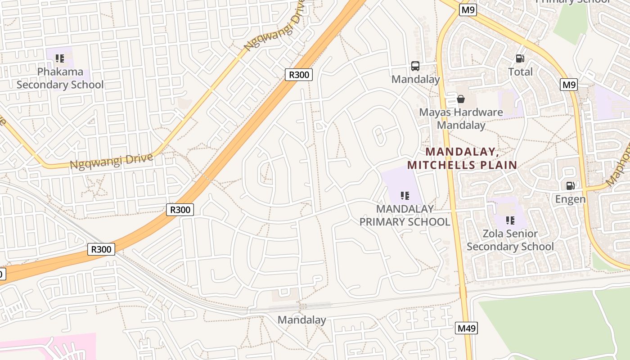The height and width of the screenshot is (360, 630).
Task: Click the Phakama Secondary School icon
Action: [60, 58]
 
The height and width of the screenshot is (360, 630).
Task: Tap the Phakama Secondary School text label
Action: [60, 78]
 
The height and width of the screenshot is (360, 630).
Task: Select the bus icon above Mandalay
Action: [415, 66]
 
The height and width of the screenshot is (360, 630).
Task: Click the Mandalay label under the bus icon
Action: [415, 80]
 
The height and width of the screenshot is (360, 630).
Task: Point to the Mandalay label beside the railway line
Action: [301, 320]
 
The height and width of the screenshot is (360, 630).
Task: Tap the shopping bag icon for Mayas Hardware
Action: [461, 99]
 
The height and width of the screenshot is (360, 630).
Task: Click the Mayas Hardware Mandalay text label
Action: [461, 118]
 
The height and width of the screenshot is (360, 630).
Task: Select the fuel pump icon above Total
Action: [520, 58]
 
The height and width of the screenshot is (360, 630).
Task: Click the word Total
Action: [520, 72]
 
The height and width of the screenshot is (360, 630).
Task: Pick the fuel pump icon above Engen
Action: [570, 186]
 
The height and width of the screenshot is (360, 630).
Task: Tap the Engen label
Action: [570, 199]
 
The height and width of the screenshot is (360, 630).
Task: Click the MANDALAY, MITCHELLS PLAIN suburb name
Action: [462, 158]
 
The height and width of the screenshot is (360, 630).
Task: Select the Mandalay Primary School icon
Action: [405, 196]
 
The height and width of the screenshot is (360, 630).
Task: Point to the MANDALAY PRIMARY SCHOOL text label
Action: [405, 215]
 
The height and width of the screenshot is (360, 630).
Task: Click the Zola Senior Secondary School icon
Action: [510, 220]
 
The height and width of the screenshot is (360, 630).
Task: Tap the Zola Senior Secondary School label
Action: [510, 240]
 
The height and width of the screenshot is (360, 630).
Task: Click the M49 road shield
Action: [466, 328]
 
